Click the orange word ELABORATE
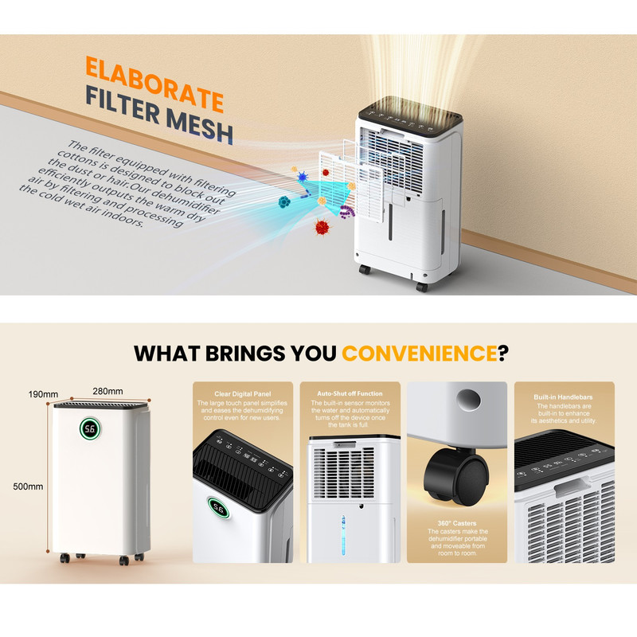click(154, 84)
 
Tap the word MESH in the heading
click(200, 125)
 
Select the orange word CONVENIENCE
click(420, 353)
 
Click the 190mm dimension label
click(43, 394)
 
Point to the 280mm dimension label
click(107, 391)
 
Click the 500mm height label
click(28, 487)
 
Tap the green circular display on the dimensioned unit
click(90, 428)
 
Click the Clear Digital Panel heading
click(243, 393)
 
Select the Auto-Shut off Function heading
click(350, 393)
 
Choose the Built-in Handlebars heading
click(563, 397)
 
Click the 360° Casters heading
click(457, 523)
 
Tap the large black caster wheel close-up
click(456, 477)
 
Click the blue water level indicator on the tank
click(343, 534)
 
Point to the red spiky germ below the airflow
click(322, 227)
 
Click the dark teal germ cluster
click(284, 201)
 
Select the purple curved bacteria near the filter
click(346, 212)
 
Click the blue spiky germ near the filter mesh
click(303, 177)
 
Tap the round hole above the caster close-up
click(468, 400)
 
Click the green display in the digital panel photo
click(218, 508)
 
